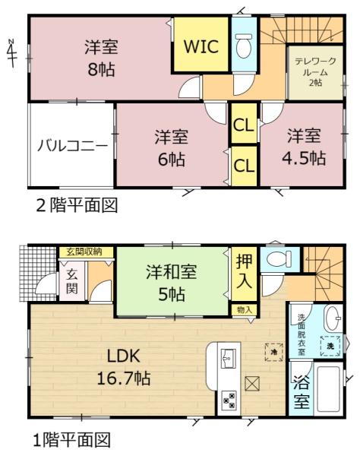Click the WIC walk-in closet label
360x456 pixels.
point(201,46)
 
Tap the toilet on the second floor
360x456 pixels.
point(244,46)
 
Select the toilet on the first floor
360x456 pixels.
point(279,258)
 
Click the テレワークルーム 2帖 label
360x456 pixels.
point(315,71)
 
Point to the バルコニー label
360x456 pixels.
point(73,145)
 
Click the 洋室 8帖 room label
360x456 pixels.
point(101,59)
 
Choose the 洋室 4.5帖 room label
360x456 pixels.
point(304,147)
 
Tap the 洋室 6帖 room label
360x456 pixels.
point(171,147)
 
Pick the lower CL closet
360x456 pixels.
point(244,166)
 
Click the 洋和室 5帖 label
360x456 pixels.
point(172,282)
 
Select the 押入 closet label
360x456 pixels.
point(244,271)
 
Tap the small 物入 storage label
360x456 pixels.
point(245,310)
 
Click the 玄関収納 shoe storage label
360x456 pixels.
point(84,252)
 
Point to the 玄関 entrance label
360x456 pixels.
point(71,281)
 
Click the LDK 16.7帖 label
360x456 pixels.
point(124,367)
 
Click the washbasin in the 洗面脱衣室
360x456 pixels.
point(333,318)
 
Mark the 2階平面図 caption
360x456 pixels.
point(77,205)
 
